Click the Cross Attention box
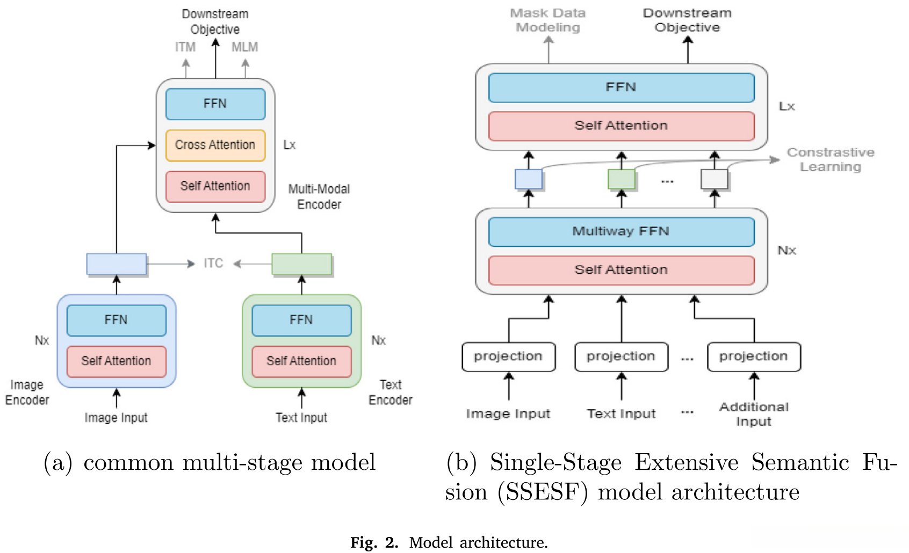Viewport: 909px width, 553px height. click(x=215, y=145)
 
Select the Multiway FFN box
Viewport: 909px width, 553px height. click(x=621, y=231)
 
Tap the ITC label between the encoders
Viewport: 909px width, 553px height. click(x=213, y=263)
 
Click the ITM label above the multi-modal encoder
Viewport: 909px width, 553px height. click(x=185, y=47)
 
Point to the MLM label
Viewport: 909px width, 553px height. click(x=244, y=47)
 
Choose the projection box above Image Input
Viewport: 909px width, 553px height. click(x=508, y=356)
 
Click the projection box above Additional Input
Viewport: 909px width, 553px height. click(x=753, y=356)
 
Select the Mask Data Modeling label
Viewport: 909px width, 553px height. click(x=548, y=20)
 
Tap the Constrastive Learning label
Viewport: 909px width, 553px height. click(x=831, y=159)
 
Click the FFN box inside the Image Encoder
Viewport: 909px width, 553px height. click(x=116, y=320)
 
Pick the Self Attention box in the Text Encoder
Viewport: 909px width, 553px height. click(x=301, y=361)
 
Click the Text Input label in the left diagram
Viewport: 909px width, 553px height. click(x=301, y=418)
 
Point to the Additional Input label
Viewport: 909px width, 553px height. click(x=754, y=414)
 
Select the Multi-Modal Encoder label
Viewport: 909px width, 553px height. click(x=319, y=197)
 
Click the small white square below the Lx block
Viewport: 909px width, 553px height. click(x=714, y=179)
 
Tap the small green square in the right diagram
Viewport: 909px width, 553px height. click(x=621, y=179)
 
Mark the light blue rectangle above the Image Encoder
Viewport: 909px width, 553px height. click(x=117, y=264)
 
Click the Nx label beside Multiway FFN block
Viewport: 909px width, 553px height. click(x=787, y=250)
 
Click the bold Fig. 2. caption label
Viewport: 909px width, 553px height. click(x=374, y=542)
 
